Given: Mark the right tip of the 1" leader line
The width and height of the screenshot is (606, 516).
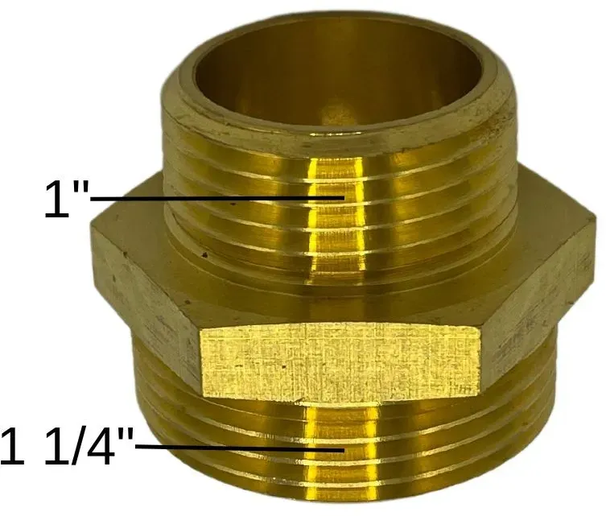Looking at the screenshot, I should tap(344, 197).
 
